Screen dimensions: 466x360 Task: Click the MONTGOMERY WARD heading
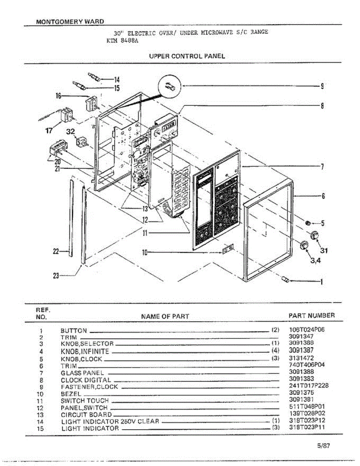coord(70,22)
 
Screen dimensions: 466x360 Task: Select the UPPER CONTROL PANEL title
coord(187,56)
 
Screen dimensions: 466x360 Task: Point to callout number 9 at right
coord(322,86)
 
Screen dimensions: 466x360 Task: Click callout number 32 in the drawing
coord(71,132)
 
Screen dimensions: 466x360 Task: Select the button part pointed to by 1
coord(287,280)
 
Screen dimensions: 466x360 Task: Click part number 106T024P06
coord(307,330)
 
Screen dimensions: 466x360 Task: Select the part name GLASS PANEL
coord(82,373)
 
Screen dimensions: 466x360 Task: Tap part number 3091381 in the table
coord(301,399)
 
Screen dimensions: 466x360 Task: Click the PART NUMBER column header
coord(311,316)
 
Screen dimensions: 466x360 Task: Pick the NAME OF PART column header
coord(165,316)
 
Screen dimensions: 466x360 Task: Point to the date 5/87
coord(323,446)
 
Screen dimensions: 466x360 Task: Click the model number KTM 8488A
coord(120,40)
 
